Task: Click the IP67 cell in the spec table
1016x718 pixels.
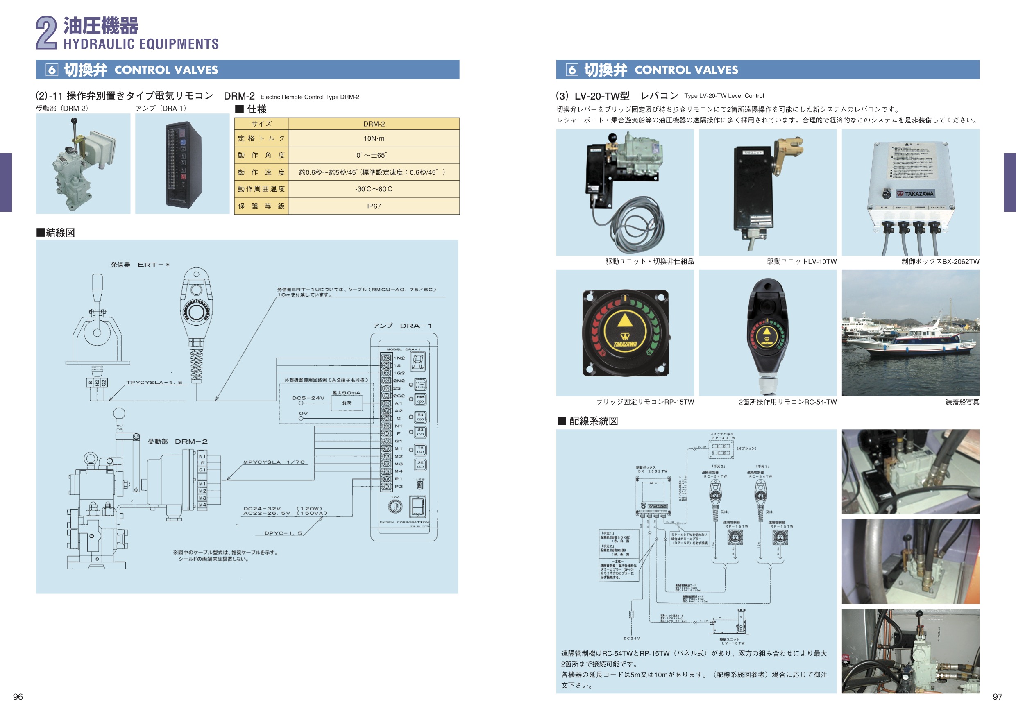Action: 374,206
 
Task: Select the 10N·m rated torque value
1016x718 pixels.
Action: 374,138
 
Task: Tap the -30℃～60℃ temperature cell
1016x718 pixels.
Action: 374,189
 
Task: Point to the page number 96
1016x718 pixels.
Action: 18,697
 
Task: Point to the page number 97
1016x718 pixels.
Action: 998,697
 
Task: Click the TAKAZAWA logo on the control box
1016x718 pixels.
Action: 915,194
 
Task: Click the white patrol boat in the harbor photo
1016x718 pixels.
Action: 912,343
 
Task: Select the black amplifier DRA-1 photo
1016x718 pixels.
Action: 183,164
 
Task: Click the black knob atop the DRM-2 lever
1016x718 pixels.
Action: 74,120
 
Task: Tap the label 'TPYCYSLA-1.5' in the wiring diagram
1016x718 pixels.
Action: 154,383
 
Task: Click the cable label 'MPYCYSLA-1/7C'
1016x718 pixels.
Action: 274,462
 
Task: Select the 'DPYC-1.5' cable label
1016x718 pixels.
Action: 283,533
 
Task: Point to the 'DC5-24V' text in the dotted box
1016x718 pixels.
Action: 308,398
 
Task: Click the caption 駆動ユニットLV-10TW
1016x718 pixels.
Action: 801,262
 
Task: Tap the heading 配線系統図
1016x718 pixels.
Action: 593,421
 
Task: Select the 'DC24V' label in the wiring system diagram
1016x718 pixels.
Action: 631,639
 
